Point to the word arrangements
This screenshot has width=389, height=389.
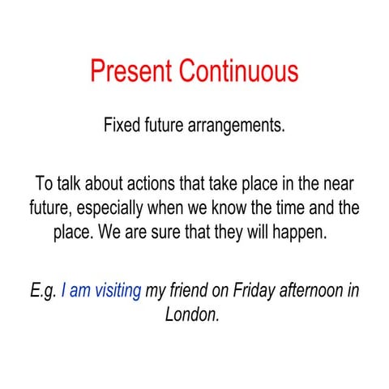[238, 127]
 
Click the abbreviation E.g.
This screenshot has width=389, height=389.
[41, 289]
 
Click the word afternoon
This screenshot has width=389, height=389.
[312, 289]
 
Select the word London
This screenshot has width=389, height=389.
[192, 314]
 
